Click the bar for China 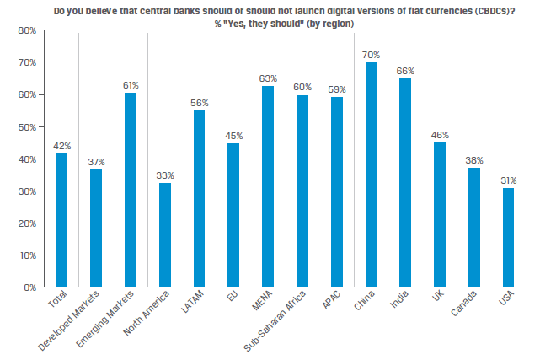(x=371, y=175)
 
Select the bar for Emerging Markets (x=130, y=190)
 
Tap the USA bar (x=508, y=237)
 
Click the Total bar (x=61, y=220)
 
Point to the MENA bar (x=268, y=186)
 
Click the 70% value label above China (x=371, y=55)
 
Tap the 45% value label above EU (x=233, y=136)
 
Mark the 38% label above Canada (x=473, y=159)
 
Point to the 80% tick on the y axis (x=24, y=30)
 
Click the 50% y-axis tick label (x=24, y=126)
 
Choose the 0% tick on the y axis (x=27, y=287)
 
